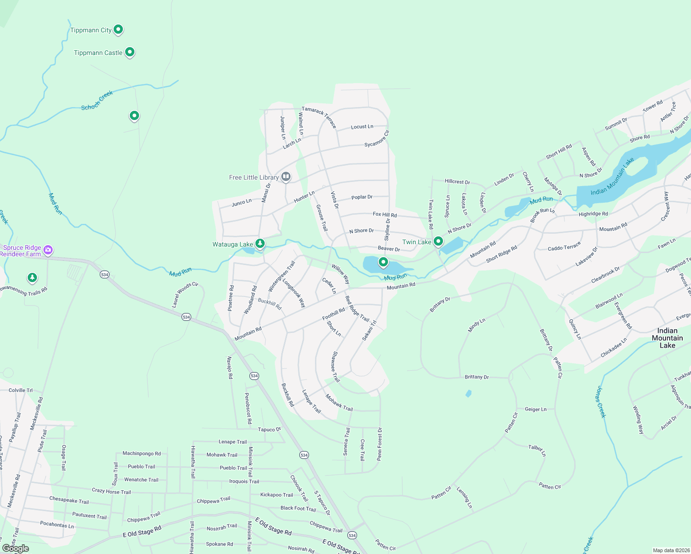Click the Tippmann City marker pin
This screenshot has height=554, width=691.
118,30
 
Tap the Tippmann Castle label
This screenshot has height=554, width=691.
98,53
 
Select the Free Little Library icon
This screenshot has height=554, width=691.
286,177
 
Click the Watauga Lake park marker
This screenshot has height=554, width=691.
260,243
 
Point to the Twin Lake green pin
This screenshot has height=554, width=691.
438,241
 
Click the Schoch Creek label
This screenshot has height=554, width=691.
97,101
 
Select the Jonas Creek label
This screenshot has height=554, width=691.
600,402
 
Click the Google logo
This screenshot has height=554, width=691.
16,548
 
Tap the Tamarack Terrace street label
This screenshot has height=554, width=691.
319,117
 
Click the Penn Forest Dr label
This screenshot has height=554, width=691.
380,444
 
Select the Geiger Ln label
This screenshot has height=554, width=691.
536,409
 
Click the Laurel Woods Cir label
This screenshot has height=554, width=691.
185,295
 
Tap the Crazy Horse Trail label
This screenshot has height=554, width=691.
111,492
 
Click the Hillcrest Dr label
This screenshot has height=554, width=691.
457,182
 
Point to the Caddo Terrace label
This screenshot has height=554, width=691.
564,248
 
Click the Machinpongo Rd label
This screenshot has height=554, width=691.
142,453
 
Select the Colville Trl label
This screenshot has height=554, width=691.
21,390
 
